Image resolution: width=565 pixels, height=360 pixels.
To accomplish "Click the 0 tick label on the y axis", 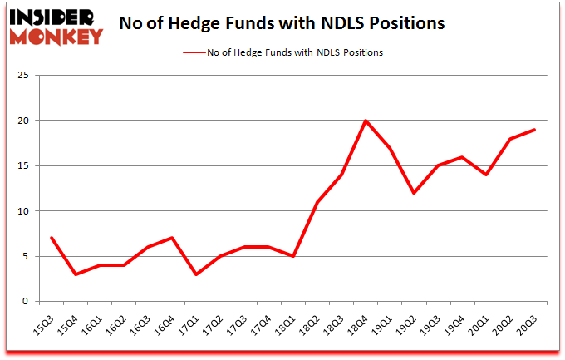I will pyautogui.click(x=27, y=302).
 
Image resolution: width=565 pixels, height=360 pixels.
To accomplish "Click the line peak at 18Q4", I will pyautogui.click(x=366, y=121).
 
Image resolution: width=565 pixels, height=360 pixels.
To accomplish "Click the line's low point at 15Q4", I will pyautogui.click(x=76, y=274).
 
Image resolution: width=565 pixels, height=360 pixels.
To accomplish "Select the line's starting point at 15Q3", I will pyautogui.click(x=52, y=238).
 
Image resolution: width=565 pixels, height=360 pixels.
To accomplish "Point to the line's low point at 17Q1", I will pyautogui.click(x=197, y=274).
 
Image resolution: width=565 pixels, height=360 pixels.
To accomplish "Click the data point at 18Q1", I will pyautogui.click(x=293, y=256).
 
